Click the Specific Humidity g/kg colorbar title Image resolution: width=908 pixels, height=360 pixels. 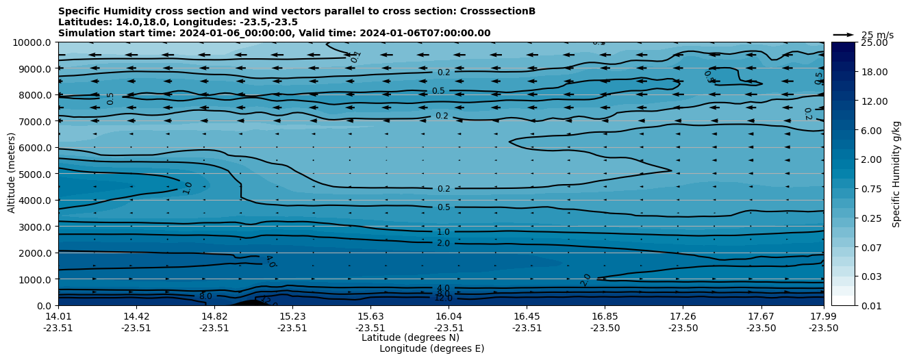click(896, 174)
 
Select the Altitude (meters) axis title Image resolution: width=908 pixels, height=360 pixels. click(12, 174)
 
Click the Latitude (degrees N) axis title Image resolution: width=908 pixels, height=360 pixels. click(410, 337)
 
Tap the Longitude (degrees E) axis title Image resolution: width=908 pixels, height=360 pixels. click(431, 348)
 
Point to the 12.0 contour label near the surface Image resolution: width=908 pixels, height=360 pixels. click(443, 298)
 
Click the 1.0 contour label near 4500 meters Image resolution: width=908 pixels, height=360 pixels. click(187, 188)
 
